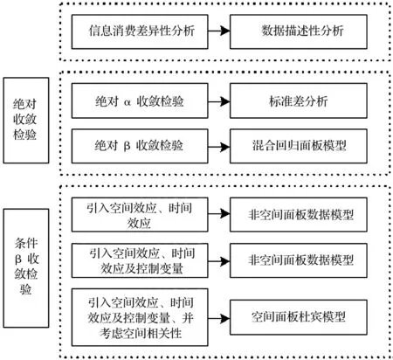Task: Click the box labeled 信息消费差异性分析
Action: click(x=140, y=31)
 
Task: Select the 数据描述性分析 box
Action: click(x=299, y=31)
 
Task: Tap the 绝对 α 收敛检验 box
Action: click(x=140, y=100)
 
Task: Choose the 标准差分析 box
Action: click(x=299, y=100)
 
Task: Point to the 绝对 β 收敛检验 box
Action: click(x=140, y=146)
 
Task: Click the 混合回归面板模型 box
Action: click(x=299, y=146)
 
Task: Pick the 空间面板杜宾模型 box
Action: click(x=299, y=317)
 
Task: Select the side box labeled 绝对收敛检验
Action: click(x=26, y=121)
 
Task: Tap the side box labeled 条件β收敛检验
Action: click(x=26, y=268)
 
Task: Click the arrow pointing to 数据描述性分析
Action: click(x=219, y=31)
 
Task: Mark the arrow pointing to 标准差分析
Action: click(x=219, y=101)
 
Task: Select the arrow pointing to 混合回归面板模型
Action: click(x=219, y=147)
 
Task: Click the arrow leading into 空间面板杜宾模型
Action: click(x=219, y=318)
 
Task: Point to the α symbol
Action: click(x=128, y=102)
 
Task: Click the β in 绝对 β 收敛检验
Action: click(x=127, y=146)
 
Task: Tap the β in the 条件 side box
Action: click(x=18, y=259)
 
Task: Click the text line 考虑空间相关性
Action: click(x=141, y=333)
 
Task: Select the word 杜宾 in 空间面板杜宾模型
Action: click(x=310, y=316)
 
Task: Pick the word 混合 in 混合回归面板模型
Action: click(x=264, y=145)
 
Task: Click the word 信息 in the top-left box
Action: click(x=100, y=31)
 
